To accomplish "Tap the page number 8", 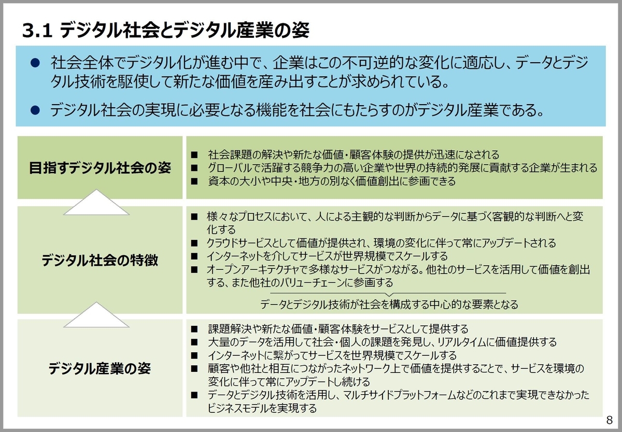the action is [609, 420].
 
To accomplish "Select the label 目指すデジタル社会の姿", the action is [100, 168].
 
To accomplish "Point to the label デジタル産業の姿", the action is [100, 368].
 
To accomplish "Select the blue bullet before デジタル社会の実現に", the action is [35, 110].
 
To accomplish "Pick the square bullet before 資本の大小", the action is [194, 181].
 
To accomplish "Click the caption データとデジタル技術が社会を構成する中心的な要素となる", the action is [389, 304].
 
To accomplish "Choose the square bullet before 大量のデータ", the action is [194, 342].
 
